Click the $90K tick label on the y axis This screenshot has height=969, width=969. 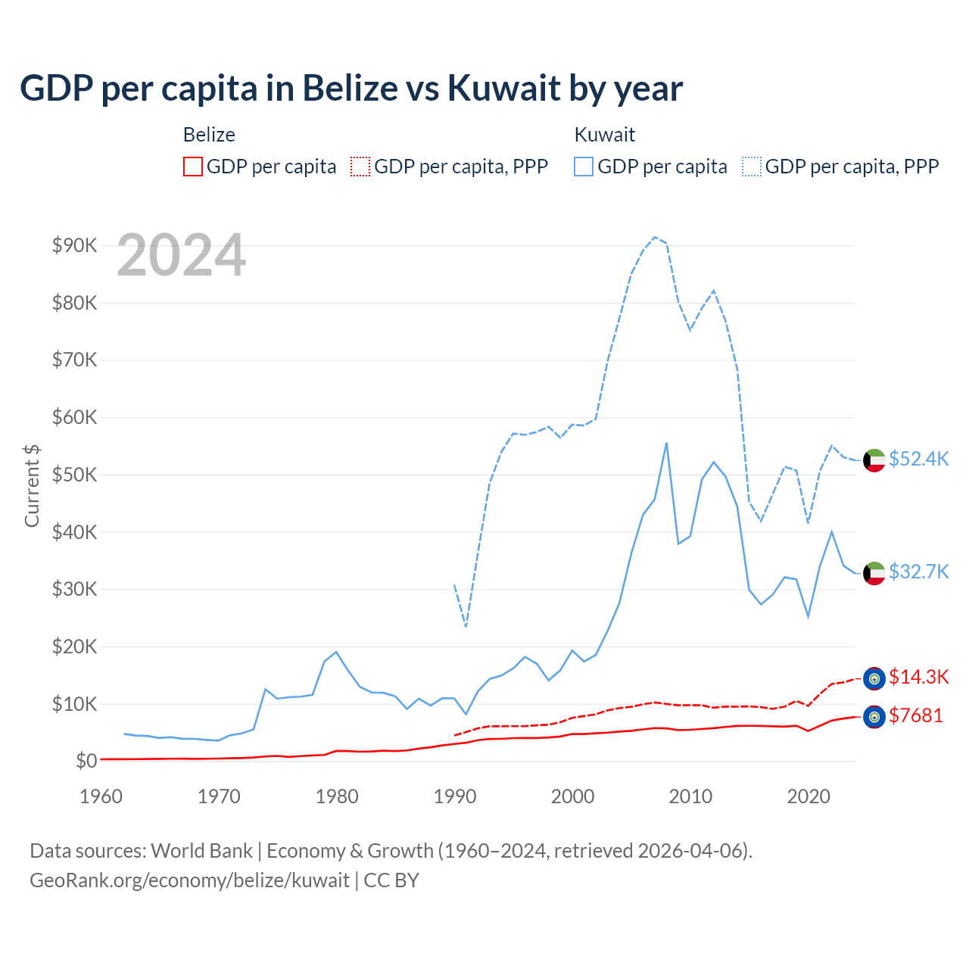click(74, 245)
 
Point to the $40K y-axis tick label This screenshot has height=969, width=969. click(74, 532)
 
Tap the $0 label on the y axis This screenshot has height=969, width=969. click(86, 761)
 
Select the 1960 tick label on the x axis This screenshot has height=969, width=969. click(101, 796)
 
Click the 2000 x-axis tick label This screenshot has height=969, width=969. click(572, 796)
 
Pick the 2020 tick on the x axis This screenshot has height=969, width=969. click(809, 796)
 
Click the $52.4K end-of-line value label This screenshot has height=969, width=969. click(918, 459)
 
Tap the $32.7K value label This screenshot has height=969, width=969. click(918, 572)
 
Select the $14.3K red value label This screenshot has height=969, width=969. click(918, 677)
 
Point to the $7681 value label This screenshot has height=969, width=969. click(916, 715)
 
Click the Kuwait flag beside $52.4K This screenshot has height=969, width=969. click(874, 460)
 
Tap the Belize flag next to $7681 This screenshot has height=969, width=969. click(874, 717)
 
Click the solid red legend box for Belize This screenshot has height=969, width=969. click(193, 167)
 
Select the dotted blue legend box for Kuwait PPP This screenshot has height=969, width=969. click(752, 167)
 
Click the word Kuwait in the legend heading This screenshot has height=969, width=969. click(604, 135)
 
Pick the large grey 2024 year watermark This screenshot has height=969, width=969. click(182, 255)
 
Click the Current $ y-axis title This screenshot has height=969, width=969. click(32, 485)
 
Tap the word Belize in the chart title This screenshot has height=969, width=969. click(350, 88)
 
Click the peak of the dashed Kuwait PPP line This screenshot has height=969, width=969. click(655, 237)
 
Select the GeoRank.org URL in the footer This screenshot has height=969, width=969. click(189, 880)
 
